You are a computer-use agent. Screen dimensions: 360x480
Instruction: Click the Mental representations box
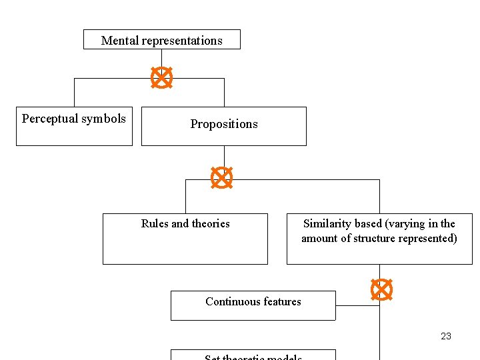[161, 39]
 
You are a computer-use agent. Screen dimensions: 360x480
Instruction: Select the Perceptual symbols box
[74, 126]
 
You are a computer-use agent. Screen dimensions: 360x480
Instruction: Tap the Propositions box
[223, 126]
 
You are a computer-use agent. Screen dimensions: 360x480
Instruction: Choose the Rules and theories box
[185, 239]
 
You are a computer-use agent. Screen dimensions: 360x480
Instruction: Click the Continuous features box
[253, 305]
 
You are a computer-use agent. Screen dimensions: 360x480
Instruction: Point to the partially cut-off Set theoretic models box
[253, 355]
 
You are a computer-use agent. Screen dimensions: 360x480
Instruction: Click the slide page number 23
[446, 336]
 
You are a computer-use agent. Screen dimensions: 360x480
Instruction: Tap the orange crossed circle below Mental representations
[161, 78]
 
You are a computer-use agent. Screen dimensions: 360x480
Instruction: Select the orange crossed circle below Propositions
[221, 177]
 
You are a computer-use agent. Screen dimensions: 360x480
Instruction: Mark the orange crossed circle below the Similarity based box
[381, 289]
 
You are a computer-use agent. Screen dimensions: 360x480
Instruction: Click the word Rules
[155, 224]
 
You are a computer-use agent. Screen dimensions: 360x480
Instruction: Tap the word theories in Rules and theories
[211, 224]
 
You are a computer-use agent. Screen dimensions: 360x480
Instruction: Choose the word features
[282, 301]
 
